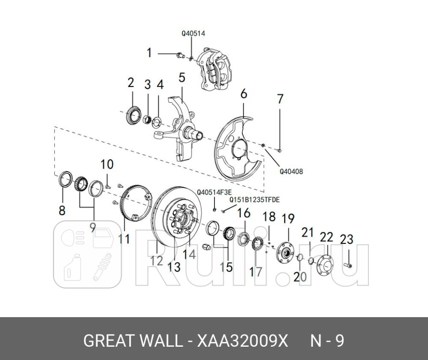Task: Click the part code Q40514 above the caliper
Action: (193, 33)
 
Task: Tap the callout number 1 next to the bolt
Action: (149, 53)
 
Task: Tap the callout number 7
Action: (280, 99)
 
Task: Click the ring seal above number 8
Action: (65, 180)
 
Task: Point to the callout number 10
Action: (106, 165)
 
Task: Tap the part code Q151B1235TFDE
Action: (254, 200)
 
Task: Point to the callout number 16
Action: (244, 214)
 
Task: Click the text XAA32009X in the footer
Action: (242, 341)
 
